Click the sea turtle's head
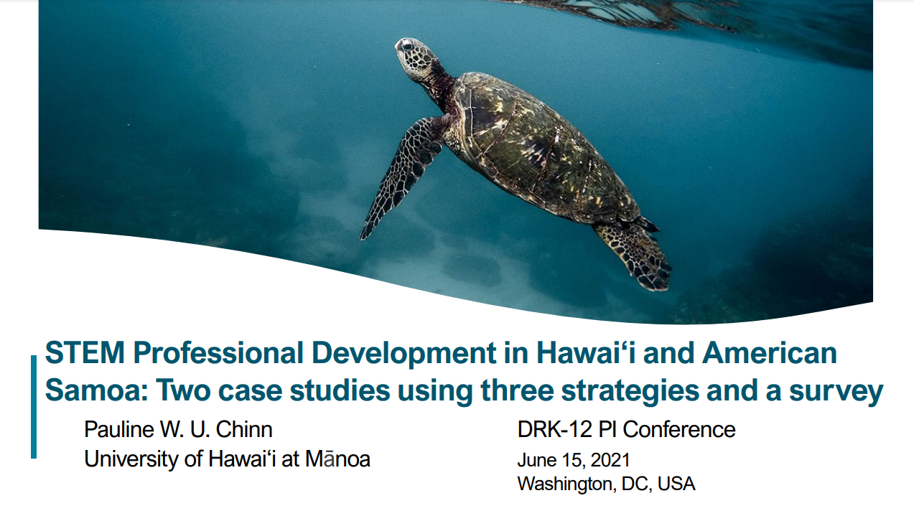pyautogui.click(x=413, y=58)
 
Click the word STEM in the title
pyautogui.click(x=85, y=352)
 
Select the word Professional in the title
pyautogui.click(x=218, y=352)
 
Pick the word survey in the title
pyautogui.click(x=836, y=393)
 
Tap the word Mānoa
pyautogui.click(x=338, y=459)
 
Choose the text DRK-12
pyautogui.click(x=554, y=430)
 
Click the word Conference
pyautogui.click(x=679, y=430)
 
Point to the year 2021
pyautogui.click(x=610, y=460)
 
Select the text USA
pyautogui.click(x=676, y=484)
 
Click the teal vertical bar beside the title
pyautogui.click(x=34, y=407)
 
